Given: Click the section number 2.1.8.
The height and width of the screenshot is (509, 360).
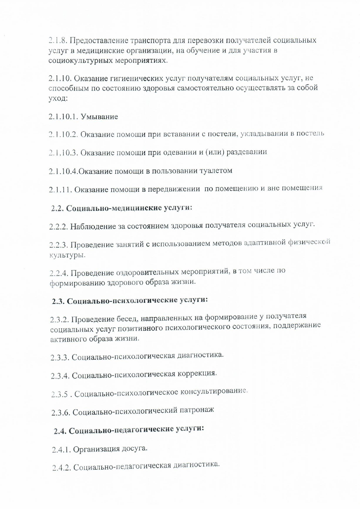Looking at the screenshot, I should click(x=58, y=40).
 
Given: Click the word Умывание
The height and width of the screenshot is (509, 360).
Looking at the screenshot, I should click(x=99, y=117).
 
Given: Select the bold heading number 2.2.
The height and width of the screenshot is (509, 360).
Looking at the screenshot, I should click(x=57, y=209).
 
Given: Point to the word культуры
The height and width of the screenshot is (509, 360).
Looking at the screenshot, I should click(x=68, y=255).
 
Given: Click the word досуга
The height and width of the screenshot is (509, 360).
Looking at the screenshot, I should click(x=134, y=448).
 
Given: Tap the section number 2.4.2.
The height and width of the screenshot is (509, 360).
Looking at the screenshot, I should click(x=61, y=468).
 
